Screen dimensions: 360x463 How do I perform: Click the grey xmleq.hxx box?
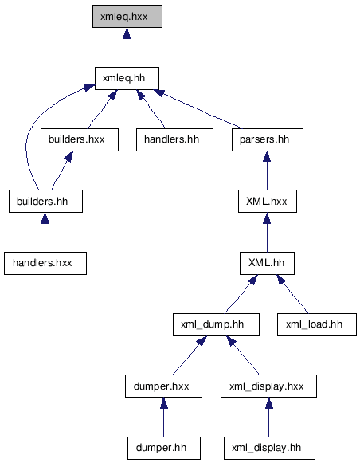coord(127,16)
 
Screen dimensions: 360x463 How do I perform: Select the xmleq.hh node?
coord(127,78)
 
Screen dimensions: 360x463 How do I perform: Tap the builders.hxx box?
coord(80,139)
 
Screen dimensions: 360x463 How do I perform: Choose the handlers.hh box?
coord(174,139)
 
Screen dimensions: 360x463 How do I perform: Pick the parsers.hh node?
coord(268,139)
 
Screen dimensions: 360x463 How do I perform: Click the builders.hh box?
coord(45,201)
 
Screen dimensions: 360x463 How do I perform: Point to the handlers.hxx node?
coord(45,263)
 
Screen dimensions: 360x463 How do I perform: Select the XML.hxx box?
coord(268,201)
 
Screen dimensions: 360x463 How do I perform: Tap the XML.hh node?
coord(267,263)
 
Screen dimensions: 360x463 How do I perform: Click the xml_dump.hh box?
coord(216,324)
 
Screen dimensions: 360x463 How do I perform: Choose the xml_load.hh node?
coord(317,324)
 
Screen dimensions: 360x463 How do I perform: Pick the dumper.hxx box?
coord(163,386)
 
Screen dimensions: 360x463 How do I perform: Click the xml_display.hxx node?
coord(268,386)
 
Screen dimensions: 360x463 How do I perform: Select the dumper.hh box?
coord(164,448)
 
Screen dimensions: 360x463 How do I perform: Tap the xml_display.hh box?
coord(269,448)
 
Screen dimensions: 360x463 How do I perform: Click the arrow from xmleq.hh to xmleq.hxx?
coord(127,48)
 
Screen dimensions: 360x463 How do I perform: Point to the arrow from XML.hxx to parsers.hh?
coord(267,171)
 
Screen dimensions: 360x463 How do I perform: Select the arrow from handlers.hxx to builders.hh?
coord(45,232)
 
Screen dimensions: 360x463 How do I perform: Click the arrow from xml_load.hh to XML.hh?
coord(292,294)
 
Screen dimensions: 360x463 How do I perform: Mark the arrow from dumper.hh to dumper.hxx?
coord(164,418)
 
